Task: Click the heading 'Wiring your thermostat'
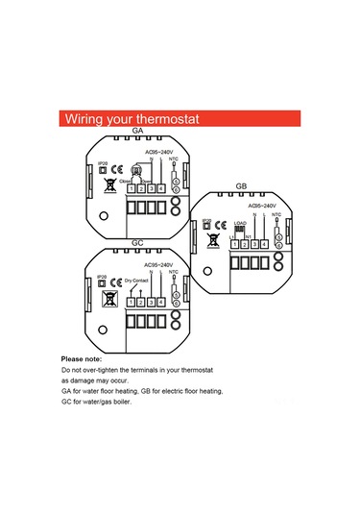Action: point(131,119)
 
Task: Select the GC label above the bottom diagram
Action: point(136,245)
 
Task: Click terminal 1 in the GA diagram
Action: point(132,186)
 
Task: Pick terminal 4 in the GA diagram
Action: point(160,186)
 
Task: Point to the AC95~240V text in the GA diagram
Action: point(158,151)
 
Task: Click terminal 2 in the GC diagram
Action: point(140,303)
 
